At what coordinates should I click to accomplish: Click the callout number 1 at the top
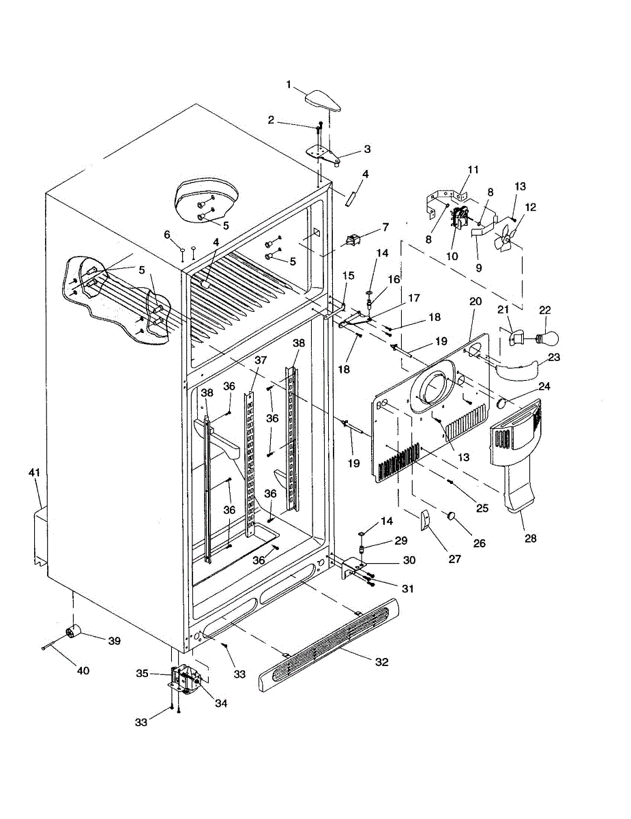[x=289, y=85]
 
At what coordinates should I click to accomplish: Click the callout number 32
[x=382, y=662]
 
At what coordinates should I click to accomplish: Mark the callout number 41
[x=34, y=472]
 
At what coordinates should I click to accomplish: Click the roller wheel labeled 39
[x=72, y=633]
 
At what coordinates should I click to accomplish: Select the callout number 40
[x=83, y=671]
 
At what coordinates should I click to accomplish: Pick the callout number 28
[x=531, y=538]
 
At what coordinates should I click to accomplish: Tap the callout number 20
[x=475, y=301]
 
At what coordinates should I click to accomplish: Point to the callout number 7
[x=385, y=226]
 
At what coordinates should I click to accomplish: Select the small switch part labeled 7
[x=353, y=240]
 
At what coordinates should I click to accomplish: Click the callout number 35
[x=142, y=674]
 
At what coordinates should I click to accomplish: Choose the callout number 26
[x=480, y=543]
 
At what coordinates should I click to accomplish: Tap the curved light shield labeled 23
[x=516, y=370]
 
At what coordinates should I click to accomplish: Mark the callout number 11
[x=473, y=169]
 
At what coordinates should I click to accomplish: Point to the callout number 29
[x=401, y=541]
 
